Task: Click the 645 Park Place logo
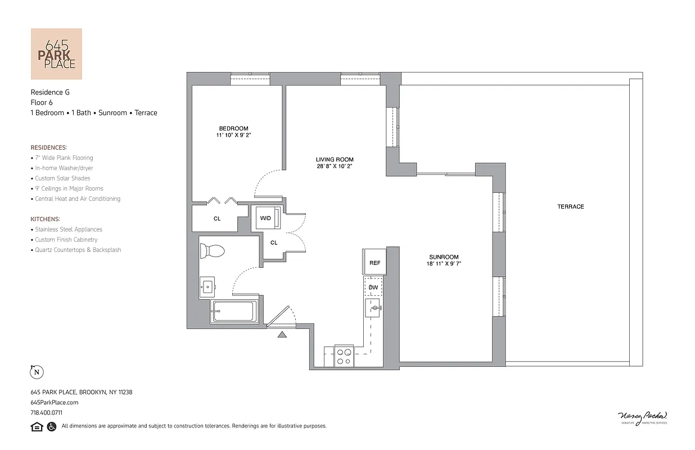56,54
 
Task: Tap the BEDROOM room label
233,128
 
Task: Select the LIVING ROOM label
335,160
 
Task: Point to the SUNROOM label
444,257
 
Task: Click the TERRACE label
570,206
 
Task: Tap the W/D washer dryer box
265,218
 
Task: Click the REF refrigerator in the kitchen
374,263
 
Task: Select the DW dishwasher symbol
373,287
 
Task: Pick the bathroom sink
207,287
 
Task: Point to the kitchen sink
373,308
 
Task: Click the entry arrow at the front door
282,335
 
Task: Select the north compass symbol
37,372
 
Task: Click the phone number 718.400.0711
46,412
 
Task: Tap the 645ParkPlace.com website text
55,402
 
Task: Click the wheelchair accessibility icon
51,426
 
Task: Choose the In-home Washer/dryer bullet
64,168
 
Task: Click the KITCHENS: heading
46,219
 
